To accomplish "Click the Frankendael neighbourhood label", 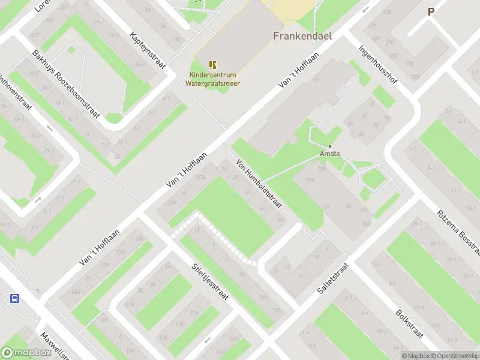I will click(302, 35).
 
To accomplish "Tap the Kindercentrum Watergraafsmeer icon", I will click(212, 65).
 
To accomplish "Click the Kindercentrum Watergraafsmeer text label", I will click(214, 79).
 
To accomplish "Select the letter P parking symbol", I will click(431, 11).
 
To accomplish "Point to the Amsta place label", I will click(329, 154).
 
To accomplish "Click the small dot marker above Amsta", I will click(329, 146).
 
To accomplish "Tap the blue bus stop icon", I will click(15, 298).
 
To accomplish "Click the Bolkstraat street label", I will click(410, 324).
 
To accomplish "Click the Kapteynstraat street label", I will click(147, 52).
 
